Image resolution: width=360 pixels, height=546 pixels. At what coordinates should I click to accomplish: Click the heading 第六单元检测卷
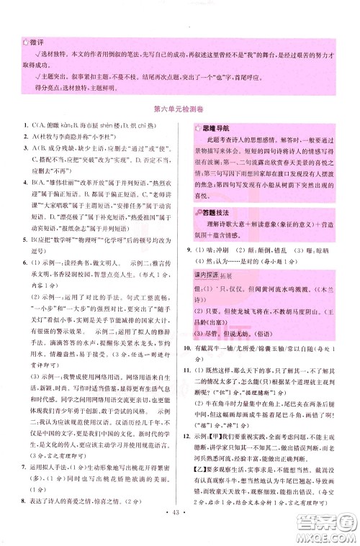[179, 110]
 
